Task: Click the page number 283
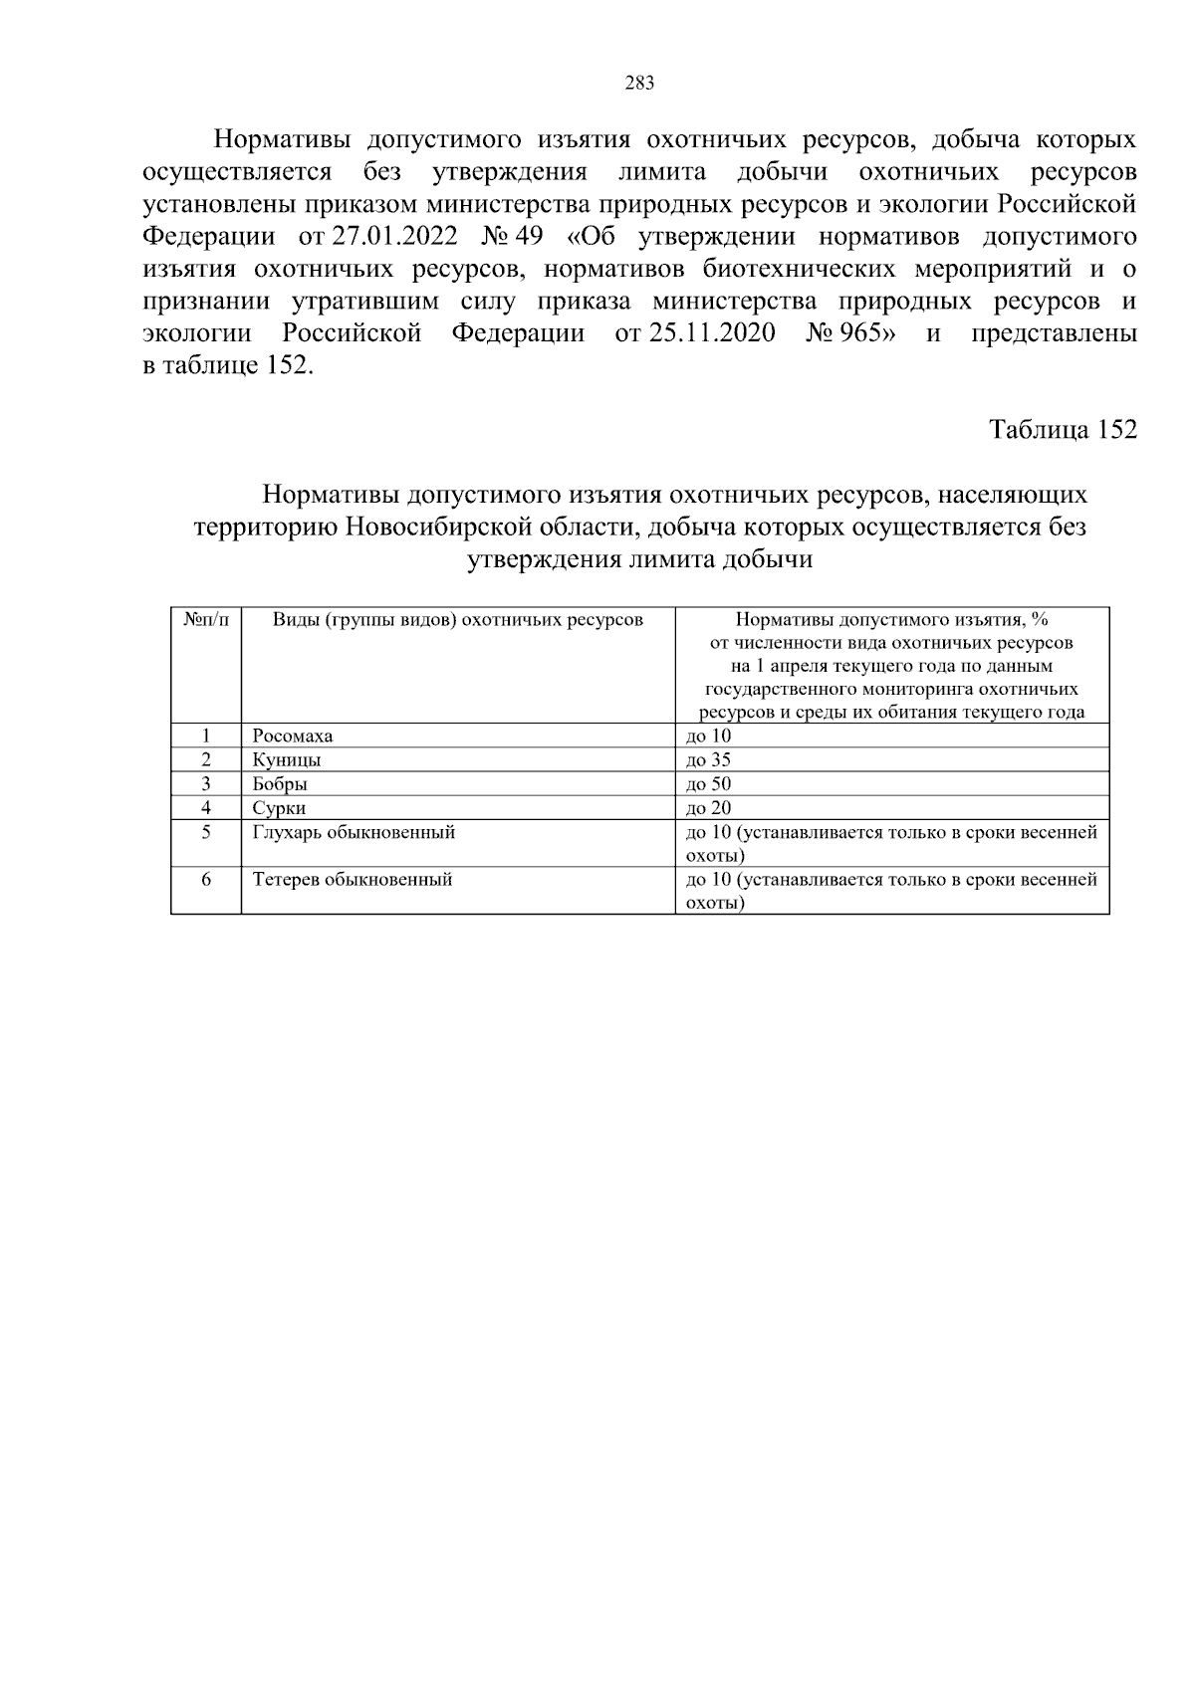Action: [x=639, y=84]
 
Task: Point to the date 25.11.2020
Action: [x=712, y=333]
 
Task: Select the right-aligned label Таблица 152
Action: [x=1062, y=430]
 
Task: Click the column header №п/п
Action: [x=206, y=620]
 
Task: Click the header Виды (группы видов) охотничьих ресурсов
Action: [x=458, y=620]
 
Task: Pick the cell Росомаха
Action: [x=293, y=737]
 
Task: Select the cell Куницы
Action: [x=287, y=760]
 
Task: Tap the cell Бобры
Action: [x=280, y=784]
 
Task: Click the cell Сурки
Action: [x=279, y=808]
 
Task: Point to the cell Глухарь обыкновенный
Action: [x=354, y=832]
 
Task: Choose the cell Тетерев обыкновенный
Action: [x=353, y=880]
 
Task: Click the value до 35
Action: [x=708, y=760]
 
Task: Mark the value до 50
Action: [x=708, y=784]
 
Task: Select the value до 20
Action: [x=708, y=808]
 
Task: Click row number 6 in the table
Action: [x=206, y=880]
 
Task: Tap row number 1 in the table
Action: [x=206, y=737]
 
